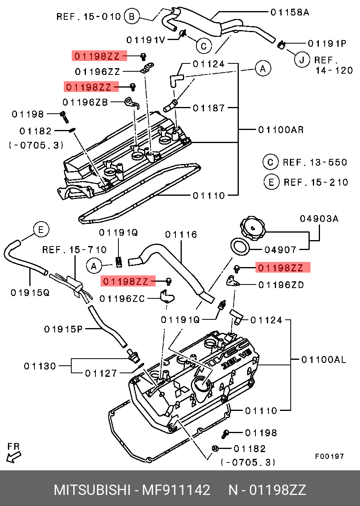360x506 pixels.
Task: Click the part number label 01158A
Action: [x=290, y=12]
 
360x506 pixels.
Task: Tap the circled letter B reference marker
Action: [x=132, y=17]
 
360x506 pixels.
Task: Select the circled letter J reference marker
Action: [x=302, y=60]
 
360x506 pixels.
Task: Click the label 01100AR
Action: [x=281, y=130]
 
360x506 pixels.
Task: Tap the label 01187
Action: [x=209, y=108]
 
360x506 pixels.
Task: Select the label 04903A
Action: [x=319, y=218]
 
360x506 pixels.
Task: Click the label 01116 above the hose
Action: [x=181, y=235]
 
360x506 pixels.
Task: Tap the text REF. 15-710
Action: [x=74, y=250]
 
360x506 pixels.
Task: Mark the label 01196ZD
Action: [x=281, y=285]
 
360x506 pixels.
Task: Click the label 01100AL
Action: [x=324, y=360]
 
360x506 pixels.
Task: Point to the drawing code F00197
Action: [x=330, y=456]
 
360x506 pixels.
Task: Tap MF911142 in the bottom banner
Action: [x=176, y=490]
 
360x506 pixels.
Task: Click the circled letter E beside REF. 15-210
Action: [x=271, y=182]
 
